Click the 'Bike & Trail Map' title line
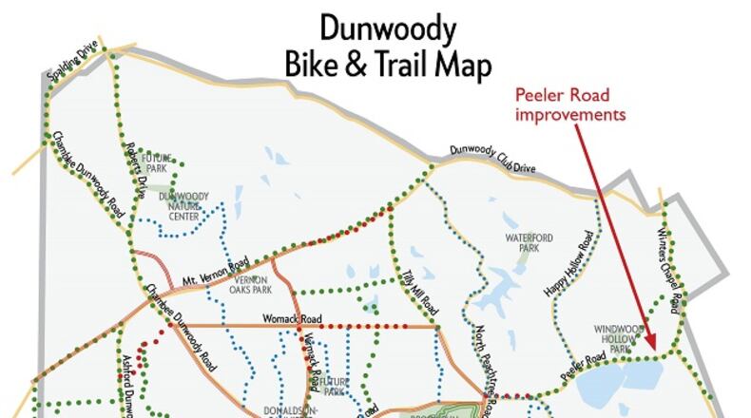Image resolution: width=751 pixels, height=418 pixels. click(x=389, y=65)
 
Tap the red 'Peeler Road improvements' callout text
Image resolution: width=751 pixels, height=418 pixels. click(x=570, y=104)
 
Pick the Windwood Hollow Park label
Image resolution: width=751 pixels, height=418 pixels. click(x=619, y=339)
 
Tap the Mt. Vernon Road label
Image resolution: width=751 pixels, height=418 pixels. click(x=217, y=272)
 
